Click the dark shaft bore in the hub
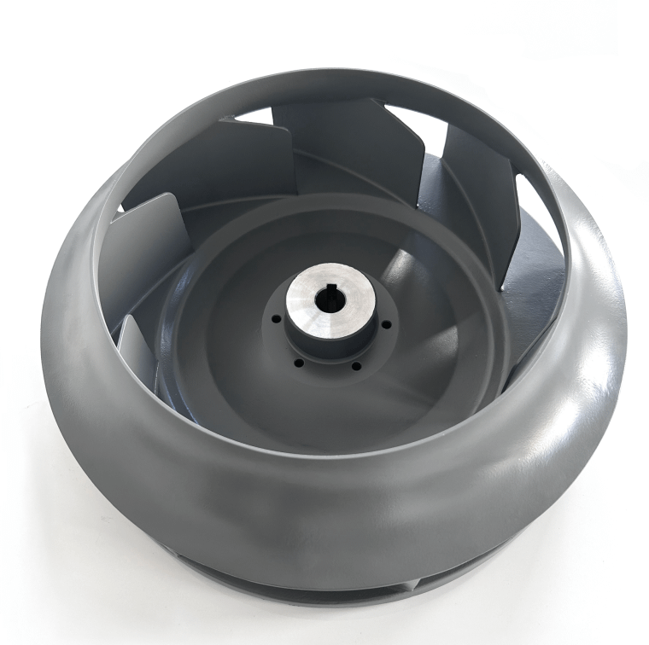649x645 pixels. click(325, 300)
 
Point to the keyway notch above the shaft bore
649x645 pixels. click(325, 293)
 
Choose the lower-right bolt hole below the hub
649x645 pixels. click(355, 366)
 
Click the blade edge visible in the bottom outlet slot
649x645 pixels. click(416, 585)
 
